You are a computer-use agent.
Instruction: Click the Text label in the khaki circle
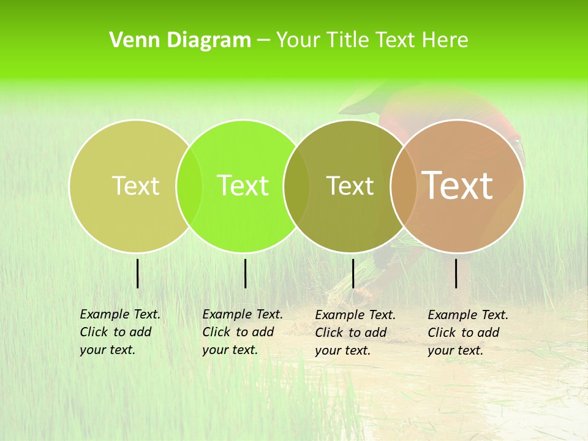tap(135, 186)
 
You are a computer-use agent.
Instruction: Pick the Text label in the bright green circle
tap(243, 186)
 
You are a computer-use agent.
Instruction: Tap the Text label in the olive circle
tap(350, 186)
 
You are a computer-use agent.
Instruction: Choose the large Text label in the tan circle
tap(458, 186)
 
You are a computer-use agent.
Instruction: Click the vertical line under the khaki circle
tap(137, 273)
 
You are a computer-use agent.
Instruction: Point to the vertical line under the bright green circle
tap(245, 273)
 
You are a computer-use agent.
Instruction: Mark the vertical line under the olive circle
tap(353, 273)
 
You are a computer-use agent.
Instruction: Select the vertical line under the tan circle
tap(456, 273)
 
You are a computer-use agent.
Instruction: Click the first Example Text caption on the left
tap(119, 332)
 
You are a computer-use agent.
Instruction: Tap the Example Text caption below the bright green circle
tap(242, 332)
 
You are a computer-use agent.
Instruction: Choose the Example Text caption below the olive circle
tap(355, 333)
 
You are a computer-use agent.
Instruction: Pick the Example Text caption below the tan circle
tap(467, 333)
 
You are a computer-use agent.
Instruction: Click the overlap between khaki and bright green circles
tap(189, 186)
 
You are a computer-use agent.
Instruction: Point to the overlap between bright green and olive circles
tap(296, 186)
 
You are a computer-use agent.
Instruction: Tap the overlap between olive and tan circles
tap(404, 186)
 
